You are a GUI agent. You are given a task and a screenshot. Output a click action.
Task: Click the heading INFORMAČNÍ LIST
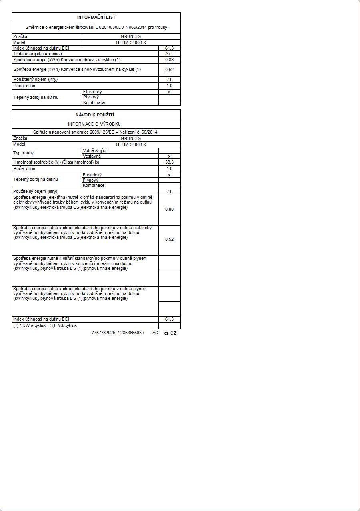click(96, 17)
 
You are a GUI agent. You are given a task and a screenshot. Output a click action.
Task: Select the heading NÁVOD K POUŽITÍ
click(96, 115)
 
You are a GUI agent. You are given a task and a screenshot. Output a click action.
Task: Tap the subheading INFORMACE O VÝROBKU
click(96, 124)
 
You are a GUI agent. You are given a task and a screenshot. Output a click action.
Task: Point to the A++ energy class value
click(169, 54)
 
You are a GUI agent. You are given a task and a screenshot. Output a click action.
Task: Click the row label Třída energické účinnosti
click(38, 54)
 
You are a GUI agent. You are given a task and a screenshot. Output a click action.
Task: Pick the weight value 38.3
click(169, 162)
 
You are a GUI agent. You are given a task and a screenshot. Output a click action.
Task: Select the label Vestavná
click(92, 156)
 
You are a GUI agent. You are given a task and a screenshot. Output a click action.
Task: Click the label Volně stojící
click(94, 150)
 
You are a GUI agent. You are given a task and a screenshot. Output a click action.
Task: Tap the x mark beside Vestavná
click(169, 156)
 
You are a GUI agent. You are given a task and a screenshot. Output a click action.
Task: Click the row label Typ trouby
click(24, 153)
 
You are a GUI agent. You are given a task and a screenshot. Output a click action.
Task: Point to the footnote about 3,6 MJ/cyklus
click(45, 325)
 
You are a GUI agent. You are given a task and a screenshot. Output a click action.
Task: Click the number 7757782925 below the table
click(103, 333)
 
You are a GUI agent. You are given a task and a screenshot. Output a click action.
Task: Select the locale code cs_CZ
click(170, 333)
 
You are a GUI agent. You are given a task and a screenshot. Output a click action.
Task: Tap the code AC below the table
click(155, 333)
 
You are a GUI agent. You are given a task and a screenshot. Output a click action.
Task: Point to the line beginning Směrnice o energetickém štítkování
click(96, 28)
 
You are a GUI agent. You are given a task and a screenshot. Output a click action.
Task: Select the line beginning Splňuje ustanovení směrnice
click(96, 132)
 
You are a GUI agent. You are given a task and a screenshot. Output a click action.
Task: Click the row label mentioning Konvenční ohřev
click(67, 60)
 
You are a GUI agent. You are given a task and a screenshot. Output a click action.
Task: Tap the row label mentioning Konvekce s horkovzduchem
click(77, 69)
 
